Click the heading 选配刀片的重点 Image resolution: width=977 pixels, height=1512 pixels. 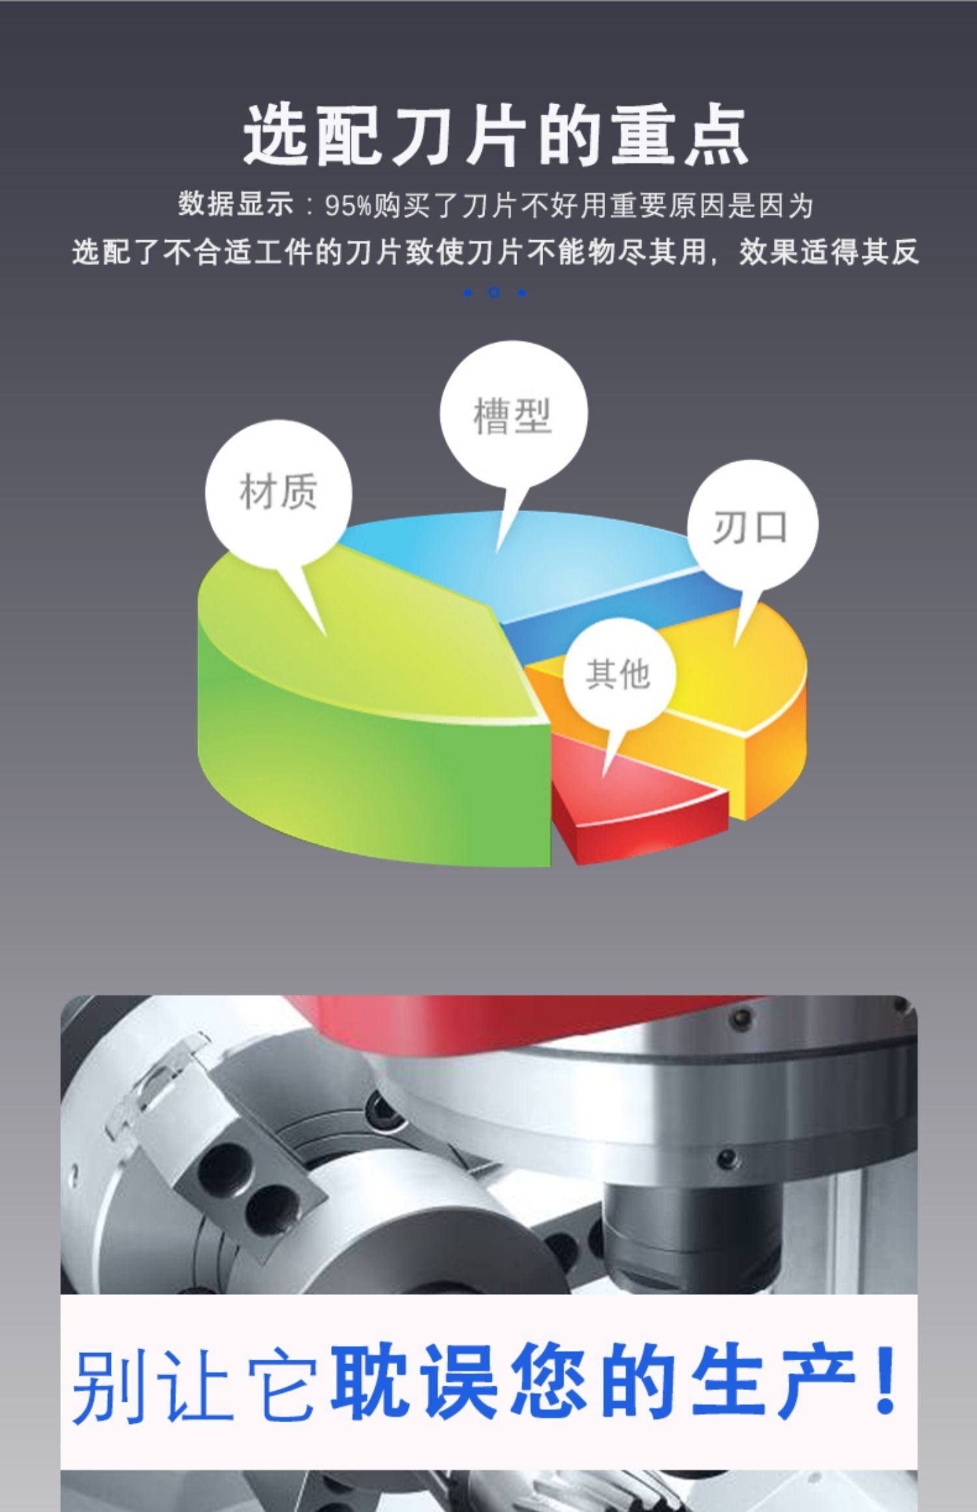click(495, 135)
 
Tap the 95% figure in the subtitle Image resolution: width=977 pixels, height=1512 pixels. click(348, 206)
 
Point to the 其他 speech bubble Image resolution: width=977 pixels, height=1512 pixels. click(619, 673)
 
